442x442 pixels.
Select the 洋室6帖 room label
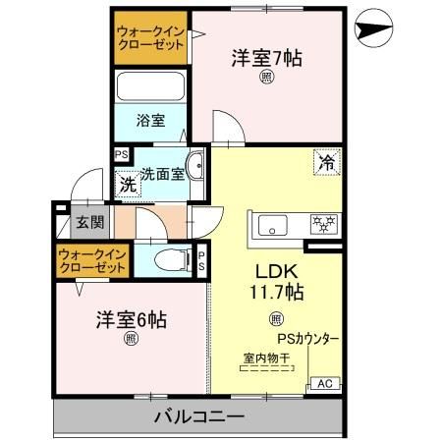point(131,319)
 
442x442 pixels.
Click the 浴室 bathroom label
point(149,120)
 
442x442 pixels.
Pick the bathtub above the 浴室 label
point(149,85)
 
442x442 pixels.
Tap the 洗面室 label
point(162,174)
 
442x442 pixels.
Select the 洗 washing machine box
point(127,183)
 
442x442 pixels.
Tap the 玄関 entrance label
point(89,223)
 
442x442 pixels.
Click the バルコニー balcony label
point(198,416)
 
